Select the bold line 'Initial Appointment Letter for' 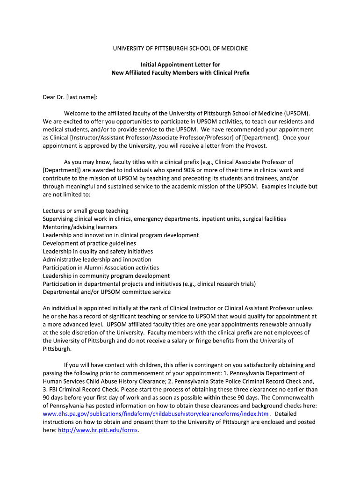coord(180,65)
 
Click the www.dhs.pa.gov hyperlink coord(156,414)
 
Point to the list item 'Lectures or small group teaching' coord(86,211)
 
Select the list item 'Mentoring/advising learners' coord(79,227)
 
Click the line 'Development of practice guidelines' coord(89,243)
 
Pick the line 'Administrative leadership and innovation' coord(97,260)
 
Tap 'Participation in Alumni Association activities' coord(101,268)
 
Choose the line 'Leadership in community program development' coord(106,276)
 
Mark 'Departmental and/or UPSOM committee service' coord(107,292)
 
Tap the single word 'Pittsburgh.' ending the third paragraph coord(58,348)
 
